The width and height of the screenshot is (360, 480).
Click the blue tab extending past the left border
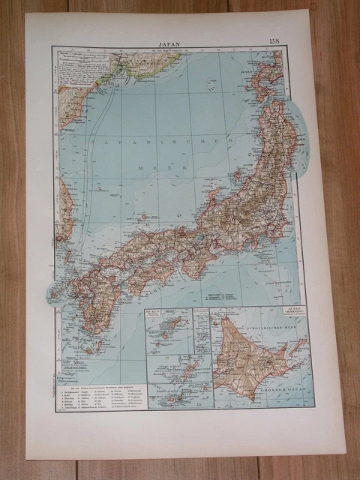[x=55, y=293]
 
